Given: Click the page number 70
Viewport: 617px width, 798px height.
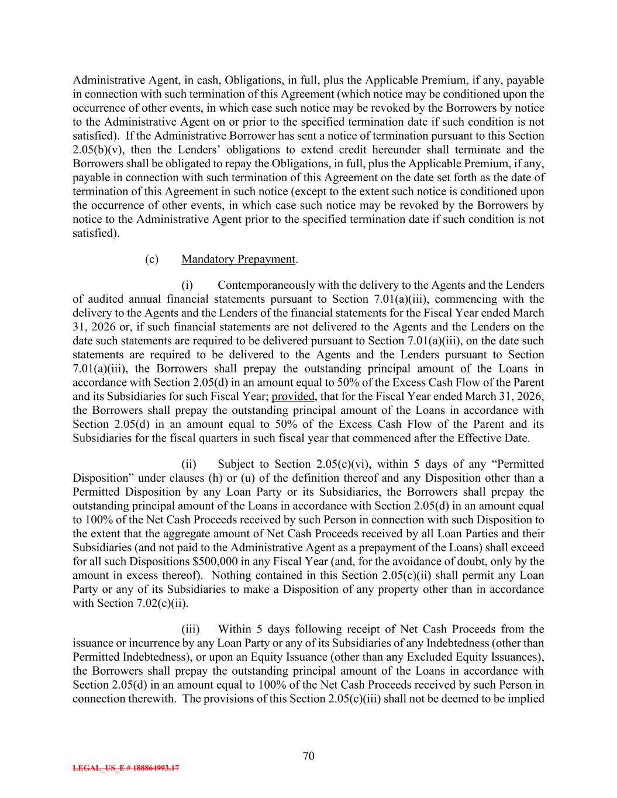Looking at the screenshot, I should click(x=309, y=756).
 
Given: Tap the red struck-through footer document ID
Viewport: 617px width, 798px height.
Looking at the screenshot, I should click(x=126, y=768).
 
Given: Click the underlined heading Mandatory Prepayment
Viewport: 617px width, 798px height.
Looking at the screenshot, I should click(x=238, y=259).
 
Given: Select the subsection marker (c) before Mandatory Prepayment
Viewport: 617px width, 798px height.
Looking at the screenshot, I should click(x=151, y=259).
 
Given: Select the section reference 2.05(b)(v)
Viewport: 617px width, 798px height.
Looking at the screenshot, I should click(x=100, y=150).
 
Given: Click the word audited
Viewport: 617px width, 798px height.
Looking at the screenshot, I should click(x=104, y=299).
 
